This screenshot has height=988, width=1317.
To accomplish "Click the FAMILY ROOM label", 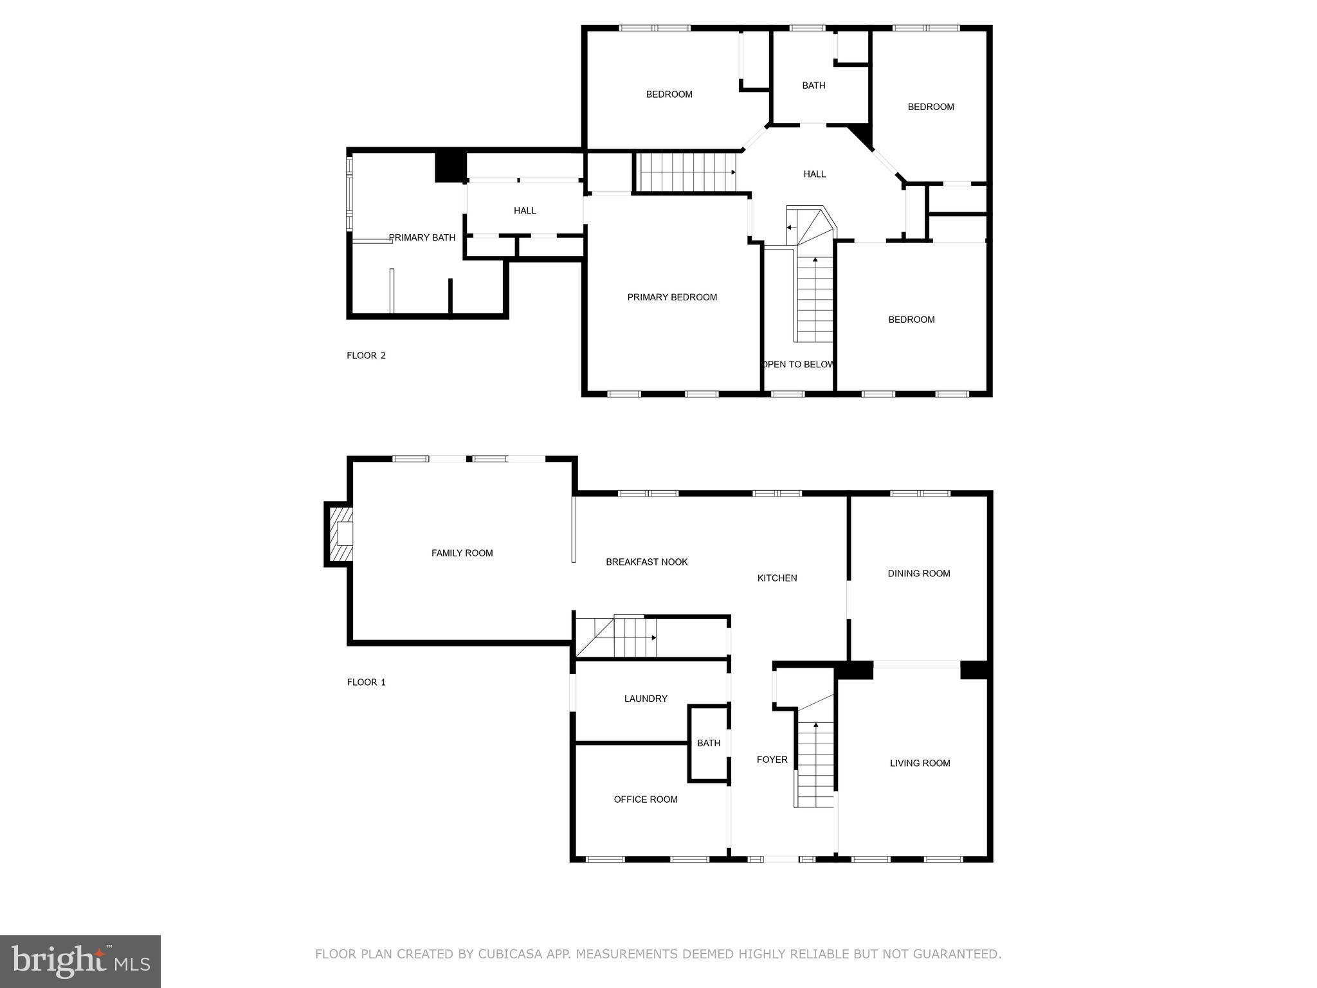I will (x=462, y=553).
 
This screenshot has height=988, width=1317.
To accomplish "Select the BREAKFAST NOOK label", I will (x=646, y=562).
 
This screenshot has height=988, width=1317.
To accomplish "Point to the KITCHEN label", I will (x=777, y=578).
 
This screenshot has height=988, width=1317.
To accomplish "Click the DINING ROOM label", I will (x=918, y=574).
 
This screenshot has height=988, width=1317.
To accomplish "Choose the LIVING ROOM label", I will (x=920, y=764).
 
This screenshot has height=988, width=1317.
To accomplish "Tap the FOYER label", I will (x=772, y=760).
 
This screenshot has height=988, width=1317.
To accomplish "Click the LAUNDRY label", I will (x=646, y=699).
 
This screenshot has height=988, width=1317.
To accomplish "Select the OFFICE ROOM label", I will (x=646, y=800).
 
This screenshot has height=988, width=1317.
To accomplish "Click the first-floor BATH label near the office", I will (x=709, y=744).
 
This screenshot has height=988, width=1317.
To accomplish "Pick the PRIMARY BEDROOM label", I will (x=672, y=297).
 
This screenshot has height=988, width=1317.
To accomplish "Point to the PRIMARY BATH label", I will (x=422, y=238).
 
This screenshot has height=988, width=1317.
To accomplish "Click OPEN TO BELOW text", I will (x=799, y=365).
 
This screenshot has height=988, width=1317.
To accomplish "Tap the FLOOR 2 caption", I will (x=366, y=356).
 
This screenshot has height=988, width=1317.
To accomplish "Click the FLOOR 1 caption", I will (x=366, y=682).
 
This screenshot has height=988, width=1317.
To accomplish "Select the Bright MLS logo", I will (x=80, y=961).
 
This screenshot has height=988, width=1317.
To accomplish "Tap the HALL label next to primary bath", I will (x=525, y=211).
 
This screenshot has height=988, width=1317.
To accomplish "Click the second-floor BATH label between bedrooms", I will (x=813, y=86).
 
